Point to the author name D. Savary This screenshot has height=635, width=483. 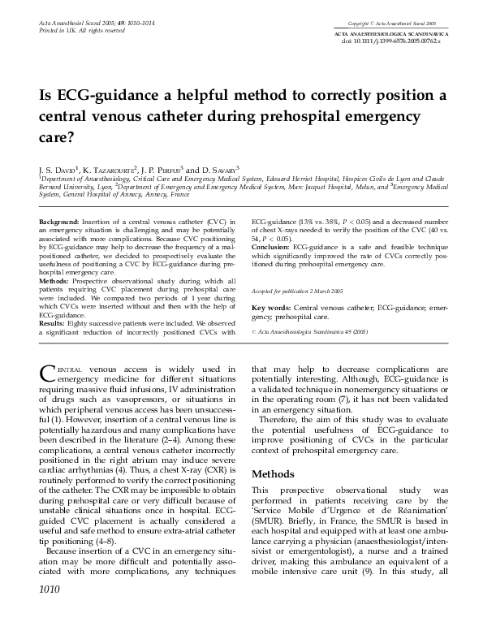220,167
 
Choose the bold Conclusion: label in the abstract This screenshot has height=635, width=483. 271,244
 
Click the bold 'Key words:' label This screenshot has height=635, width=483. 271,309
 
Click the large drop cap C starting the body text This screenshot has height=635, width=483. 46,374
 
